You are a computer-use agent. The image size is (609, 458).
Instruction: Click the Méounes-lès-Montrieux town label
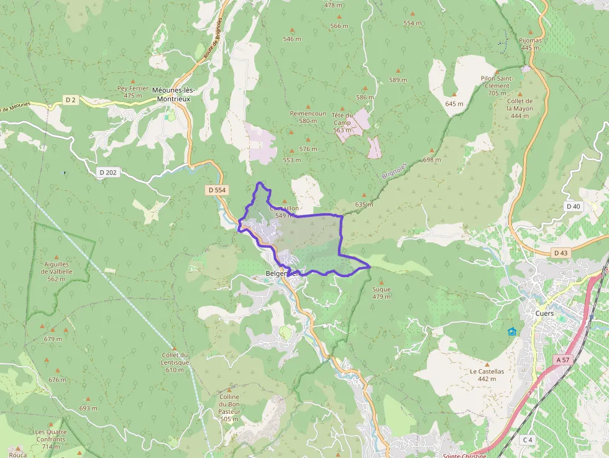point(172,94)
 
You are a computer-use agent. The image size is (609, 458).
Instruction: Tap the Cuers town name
point(544,313)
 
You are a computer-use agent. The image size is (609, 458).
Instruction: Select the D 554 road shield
point(216,190)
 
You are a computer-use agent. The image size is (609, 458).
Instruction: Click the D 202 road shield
point(107,172)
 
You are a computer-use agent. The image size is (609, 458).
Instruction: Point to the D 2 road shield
point(70,99)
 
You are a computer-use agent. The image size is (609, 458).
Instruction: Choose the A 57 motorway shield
point(563,360)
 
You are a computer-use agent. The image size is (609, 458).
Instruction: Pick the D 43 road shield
point(561,253)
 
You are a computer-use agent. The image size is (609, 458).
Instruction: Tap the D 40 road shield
point(573,206)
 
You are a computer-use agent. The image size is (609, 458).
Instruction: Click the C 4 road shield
point(528,440)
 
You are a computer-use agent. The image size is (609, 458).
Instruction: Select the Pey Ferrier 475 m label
point(133,92)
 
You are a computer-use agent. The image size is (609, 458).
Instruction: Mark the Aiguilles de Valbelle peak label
point(55,271)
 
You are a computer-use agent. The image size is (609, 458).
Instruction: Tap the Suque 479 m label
point(381,293)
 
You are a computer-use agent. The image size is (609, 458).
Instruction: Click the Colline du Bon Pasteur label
point(229,408)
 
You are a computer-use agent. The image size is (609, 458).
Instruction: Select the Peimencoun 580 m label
point(308,117)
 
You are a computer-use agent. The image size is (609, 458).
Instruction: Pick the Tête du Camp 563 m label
point(342,122)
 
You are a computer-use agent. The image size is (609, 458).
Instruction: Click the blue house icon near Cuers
point(512,331)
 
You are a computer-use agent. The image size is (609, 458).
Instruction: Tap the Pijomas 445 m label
point(530,44)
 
